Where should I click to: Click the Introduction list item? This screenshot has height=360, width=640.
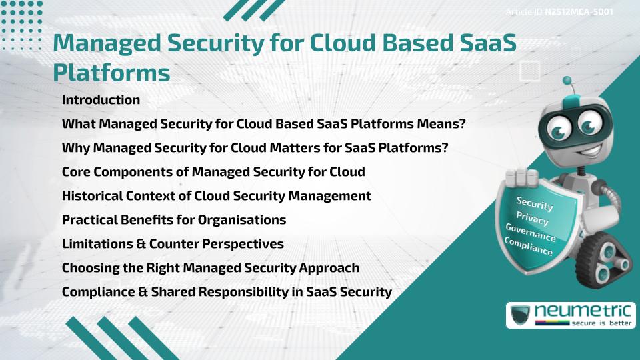101,100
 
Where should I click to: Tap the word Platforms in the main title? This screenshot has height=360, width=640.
111,72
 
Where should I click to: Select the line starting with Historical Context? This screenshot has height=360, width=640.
216,196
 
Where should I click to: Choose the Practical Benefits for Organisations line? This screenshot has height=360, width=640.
174,220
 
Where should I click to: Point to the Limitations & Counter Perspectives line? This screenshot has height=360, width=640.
173,244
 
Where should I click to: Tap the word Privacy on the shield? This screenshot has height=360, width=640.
532,219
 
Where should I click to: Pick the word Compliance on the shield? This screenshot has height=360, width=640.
528,247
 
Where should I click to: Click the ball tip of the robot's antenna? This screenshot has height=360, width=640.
568,82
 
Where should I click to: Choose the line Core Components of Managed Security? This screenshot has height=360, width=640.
213,172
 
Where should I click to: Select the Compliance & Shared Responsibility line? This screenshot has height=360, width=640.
227,292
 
